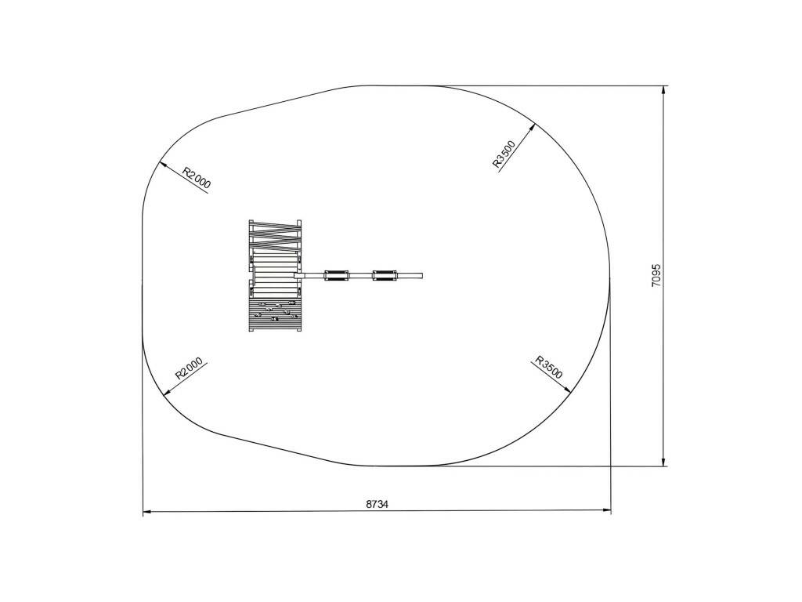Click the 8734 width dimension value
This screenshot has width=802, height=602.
[x=377, y=504]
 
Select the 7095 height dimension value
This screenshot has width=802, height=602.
[x=657, y=275]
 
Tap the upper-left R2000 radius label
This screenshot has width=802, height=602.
[x=197, y=178]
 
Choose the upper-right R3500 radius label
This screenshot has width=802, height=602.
[x=504, y=154]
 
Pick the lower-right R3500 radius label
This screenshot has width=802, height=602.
[x=549, y=367]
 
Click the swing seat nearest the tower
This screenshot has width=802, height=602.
[x=337, y=275]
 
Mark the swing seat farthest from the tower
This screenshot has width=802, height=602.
[x=385, y=275]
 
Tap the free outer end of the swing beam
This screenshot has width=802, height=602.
[x=422, y=275]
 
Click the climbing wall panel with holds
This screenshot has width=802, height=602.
[x=275, y=316]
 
